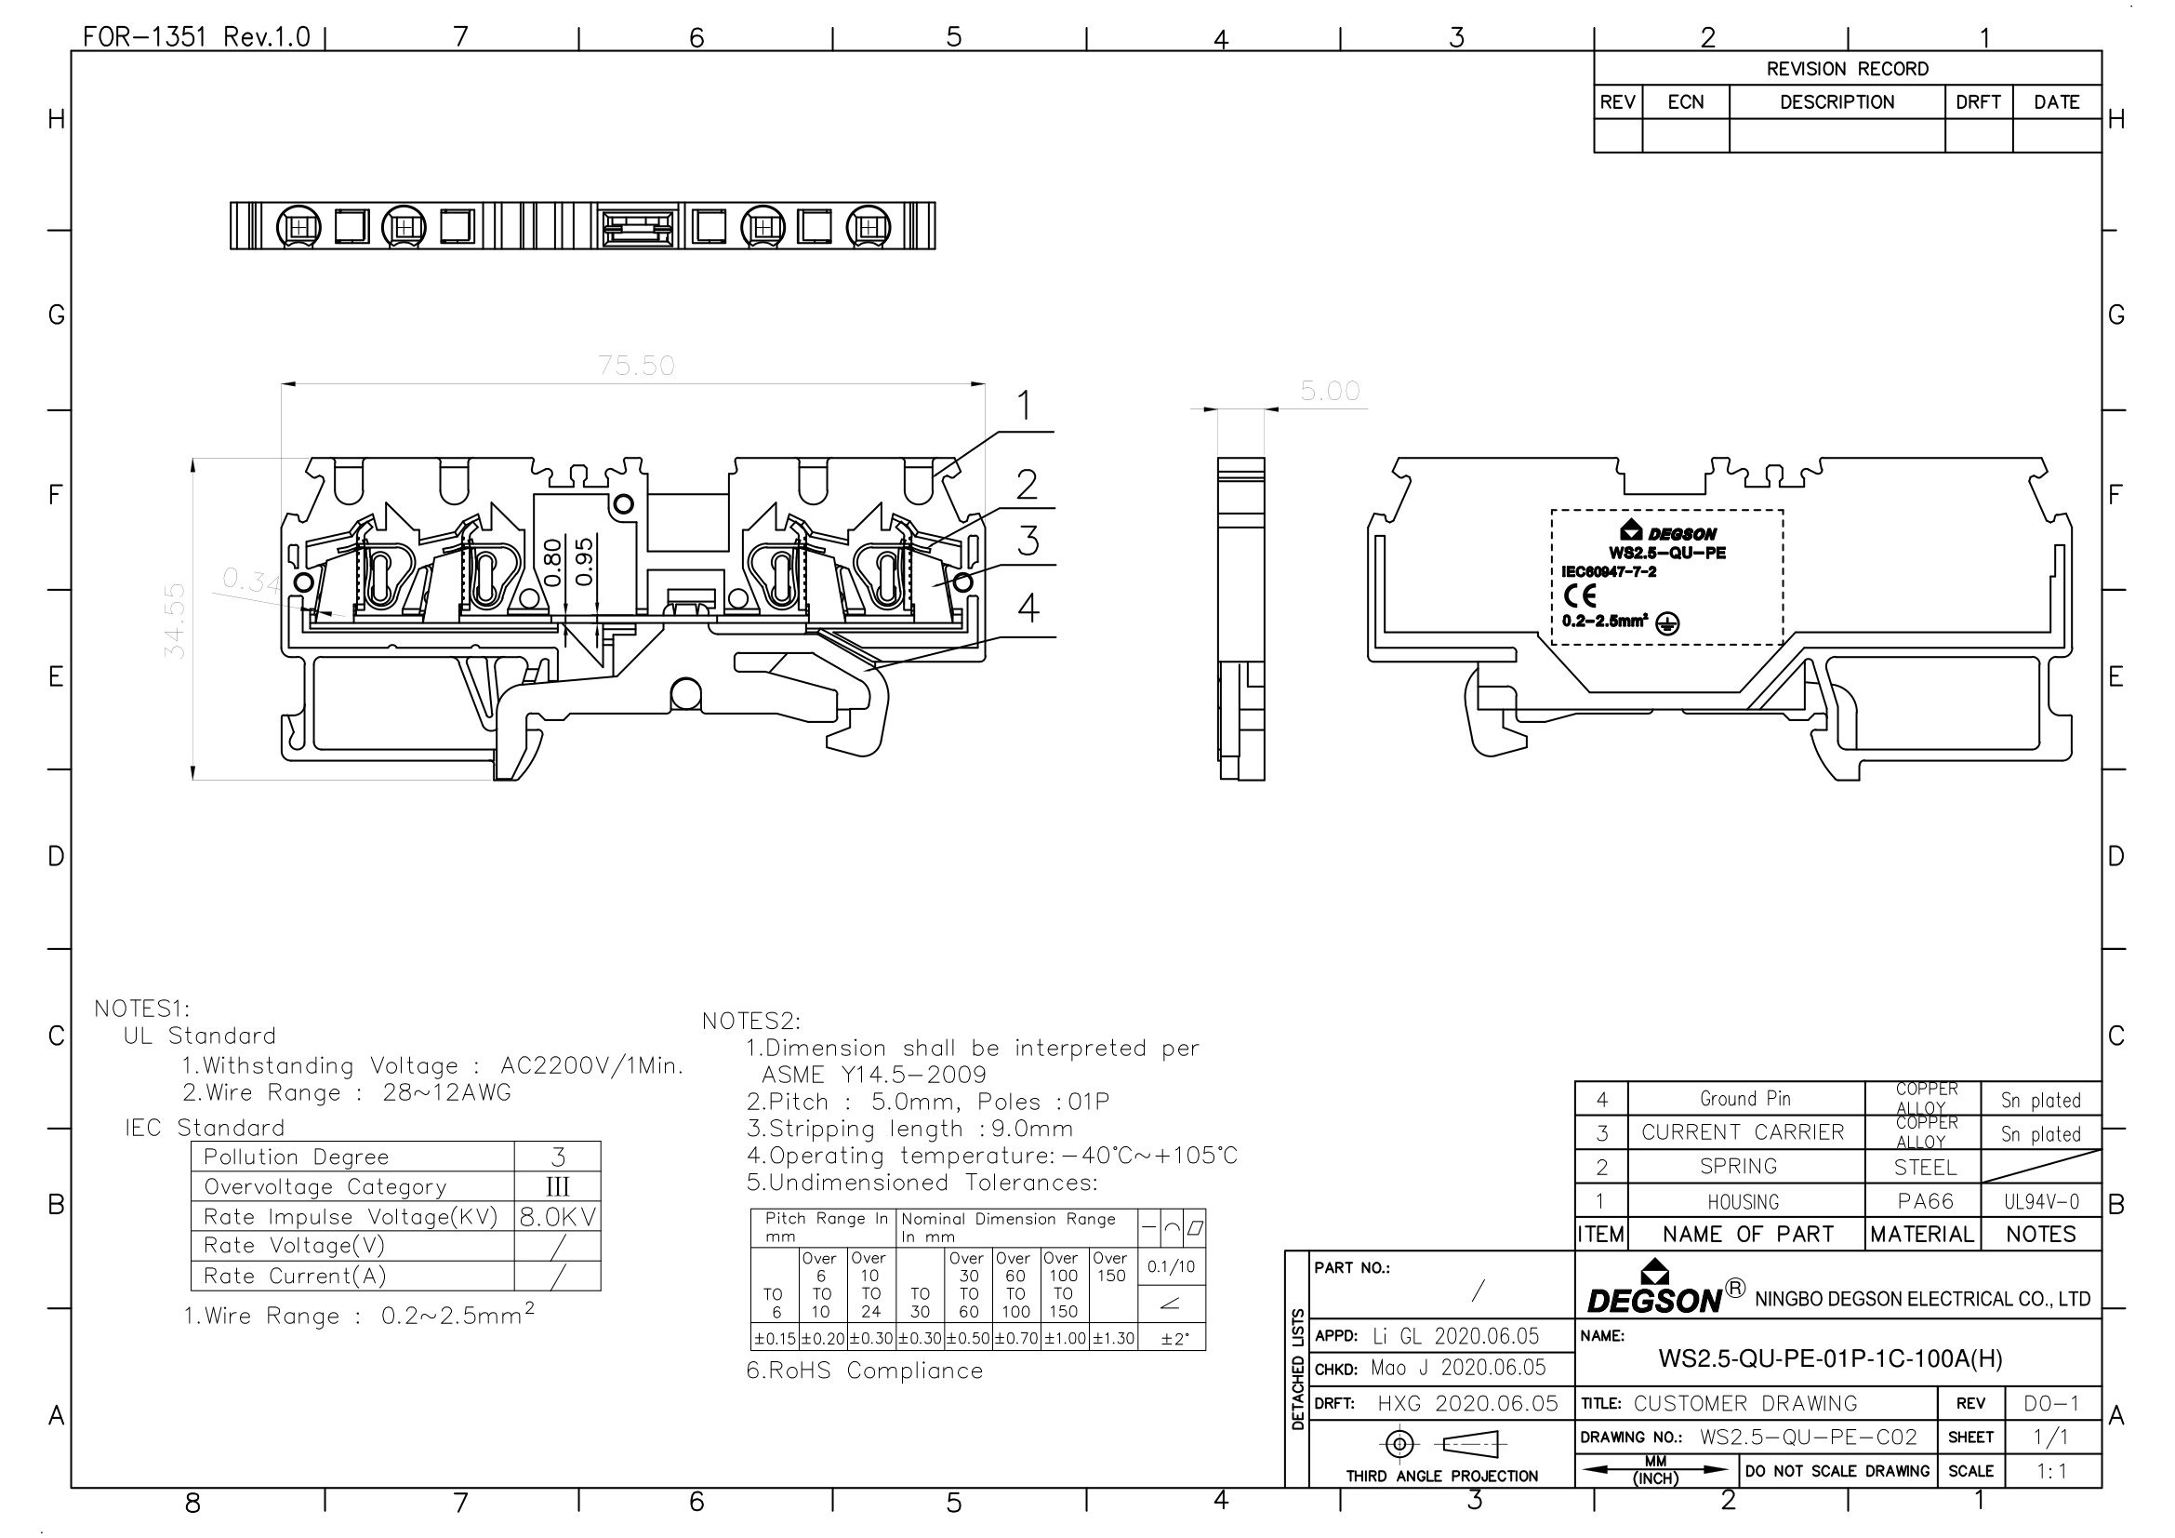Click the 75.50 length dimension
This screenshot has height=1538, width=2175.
(x=636, y=366)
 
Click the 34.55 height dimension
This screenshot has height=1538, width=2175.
(x=175, y=621)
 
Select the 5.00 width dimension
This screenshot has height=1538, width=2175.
(x=1329, y=392)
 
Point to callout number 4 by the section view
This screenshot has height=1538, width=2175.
(x=1028, y=608)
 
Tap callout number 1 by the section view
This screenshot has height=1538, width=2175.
(x=1024, y=407)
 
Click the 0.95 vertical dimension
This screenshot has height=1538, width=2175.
(x=585, y=561)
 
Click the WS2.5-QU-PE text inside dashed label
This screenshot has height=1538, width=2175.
(x=1666, y=553)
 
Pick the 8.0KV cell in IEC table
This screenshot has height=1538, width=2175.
(x=558, y=1217)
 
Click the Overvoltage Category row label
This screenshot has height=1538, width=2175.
(x=325, y=1186)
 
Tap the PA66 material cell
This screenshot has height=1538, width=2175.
(x=1925, y=1201)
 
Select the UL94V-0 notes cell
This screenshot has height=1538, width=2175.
(x=2040, y=1201)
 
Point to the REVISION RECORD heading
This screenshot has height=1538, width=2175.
(x=1847, y=69)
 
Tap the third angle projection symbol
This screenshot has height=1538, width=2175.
(x=1442, y=1444)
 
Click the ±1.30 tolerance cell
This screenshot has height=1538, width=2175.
(x=1112, y=1339)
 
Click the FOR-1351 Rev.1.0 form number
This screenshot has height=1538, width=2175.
(x=196, y=37)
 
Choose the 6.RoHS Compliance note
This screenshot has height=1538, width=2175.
(x=864, y=1371)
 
